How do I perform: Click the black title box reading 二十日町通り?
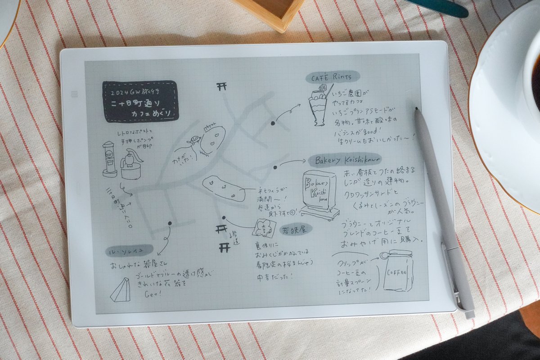click(140, 101)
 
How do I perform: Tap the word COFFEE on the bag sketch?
click(395, 273)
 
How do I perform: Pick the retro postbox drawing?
click(109, 159)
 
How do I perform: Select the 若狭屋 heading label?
click(295, 229)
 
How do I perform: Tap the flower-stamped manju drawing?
click(262, 229)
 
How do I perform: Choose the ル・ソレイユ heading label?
click(129, 251)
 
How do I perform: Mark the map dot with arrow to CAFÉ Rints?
click(273, 122)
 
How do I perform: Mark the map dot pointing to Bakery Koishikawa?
click(275, 167)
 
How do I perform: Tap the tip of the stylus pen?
click(417, 109)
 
